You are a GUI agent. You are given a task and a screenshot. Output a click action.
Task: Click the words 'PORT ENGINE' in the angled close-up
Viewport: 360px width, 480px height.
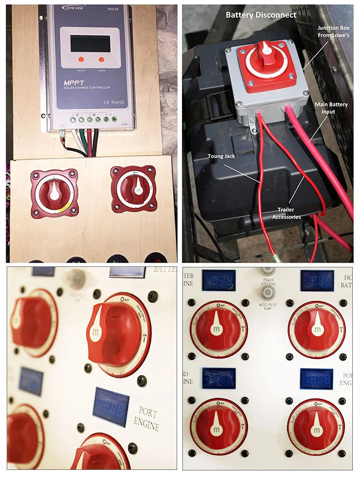[x=149, y=419]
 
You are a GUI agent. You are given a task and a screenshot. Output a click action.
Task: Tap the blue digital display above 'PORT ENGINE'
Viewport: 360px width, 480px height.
[x=111, y=406]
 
